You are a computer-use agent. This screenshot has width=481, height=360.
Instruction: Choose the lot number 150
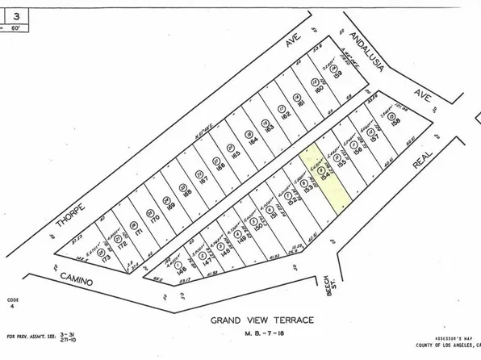[259, 227]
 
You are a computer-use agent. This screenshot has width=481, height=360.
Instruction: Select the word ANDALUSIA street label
[365, 50]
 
